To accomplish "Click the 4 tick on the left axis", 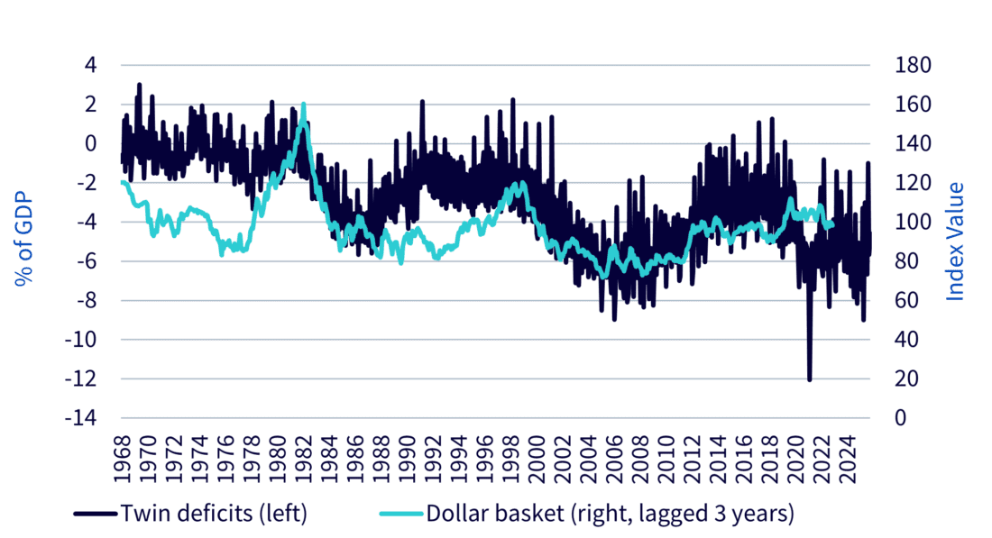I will pyautogui.click(x=91, y=65).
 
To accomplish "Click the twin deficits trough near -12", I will pyautogui.click(x=809, y=379).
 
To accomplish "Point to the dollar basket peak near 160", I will pyautogui.click(x=303, y=105).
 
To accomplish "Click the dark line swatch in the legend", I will pyautogui.click(x=95, y=514).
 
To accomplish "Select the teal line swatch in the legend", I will pyautogui.click(x=394, y=514).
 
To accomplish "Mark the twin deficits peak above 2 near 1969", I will pyautogui.click(x=139, y=85).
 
